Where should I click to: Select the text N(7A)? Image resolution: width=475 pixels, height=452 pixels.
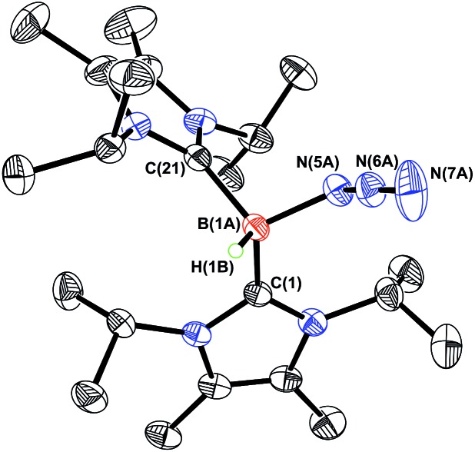coord(451,174)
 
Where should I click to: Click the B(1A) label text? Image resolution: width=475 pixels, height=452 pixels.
coord(218,225)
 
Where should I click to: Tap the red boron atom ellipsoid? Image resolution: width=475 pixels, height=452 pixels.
coord(255,228)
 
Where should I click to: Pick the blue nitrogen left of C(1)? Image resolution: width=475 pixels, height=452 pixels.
coord(196,333)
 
